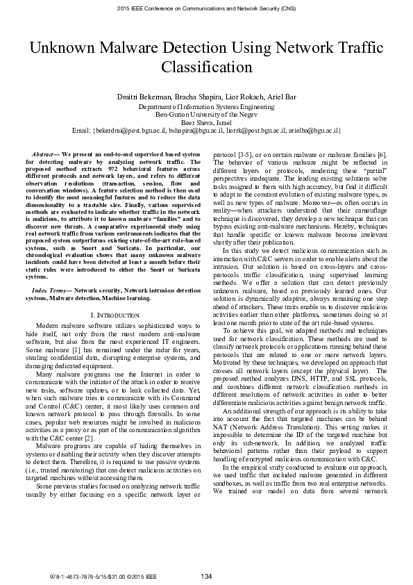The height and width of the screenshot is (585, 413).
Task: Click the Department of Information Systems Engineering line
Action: coord(206,108)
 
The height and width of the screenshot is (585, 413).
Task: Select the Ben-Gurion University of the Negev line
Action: coord(206,115)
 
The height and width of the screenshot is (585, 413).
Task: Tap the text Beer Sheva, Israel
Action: coord(206,122)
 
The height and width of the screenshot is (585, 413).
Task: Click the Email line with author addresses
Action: coord(206,130)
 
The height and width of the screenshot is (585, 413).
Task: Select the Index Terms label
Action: coord(52,288)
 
